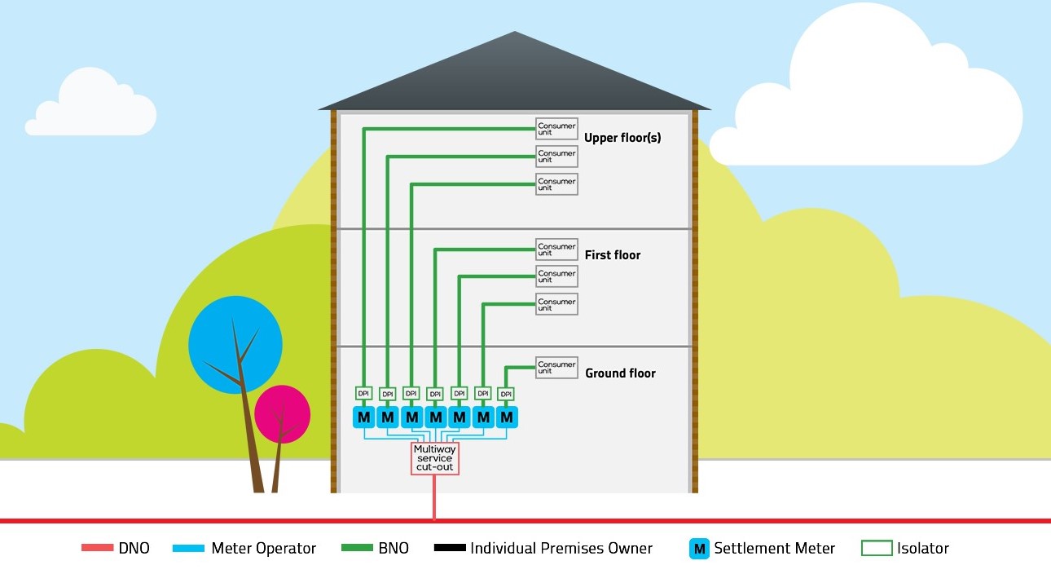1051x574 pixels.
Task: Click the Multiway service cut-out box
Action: point(434,458)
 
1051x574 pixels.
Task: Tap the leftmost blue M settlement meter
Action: point(363,417)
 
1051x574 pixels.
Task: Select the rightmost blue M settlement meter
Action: point(507,417)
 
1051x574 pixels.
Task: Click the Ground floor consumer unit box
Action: point(556,368)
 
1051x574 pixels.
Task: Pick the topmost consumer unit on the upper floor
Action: point(556,129)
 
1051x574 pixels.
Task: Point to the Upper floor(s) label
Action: point(622,138)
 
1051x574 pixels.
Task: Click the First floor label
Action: point(613,255)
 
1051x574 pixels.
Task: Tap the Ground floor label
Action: point(620,373)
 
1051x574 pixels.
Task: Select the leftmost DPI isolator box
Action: point(363,393)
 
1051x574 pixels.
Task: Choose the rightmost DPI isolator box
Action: point(506,394)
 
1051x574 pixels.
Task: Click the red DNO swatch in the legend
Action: point(96,548)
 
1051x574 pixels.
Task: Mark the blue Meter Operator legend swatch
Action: point(188,548)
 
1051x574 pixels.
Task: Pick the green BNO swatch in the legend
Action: point(356,548)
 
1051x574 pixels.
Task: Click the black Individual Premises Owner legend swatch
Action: point(449,548)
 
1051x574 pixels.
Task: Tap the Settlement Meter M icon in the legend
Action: point(699,549)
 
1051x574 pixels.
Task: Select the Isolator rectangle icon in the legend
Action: point(876,549)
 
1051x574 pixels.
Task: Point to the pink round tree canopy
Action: point(282,413)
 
